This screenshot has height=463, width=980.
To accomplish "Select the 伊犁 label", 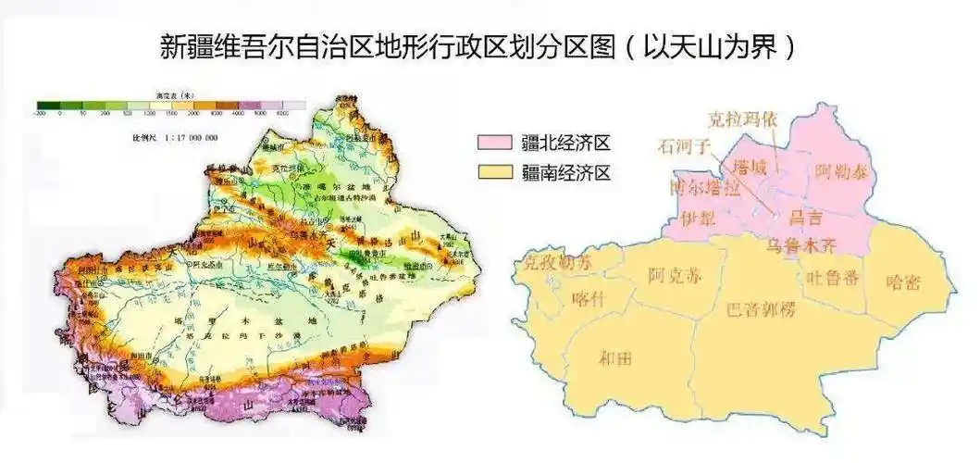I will pos(698,219).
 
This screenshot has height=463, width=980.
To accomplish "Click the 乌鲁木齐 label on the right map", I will pos(801,246).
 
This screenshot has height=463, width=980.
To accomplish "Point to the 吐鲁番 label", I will pos(831,278).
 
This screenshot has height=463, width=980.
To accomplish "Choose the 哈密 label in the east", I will pos(902,282).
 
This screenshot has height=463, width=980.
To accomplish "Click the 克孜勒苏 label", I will pos(555,263).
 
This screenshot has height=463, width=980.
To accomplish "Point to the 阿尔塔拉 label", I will pos(703,188).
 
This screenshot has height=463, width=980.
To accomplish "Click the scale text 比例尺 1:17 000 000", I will pos(175,137).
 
